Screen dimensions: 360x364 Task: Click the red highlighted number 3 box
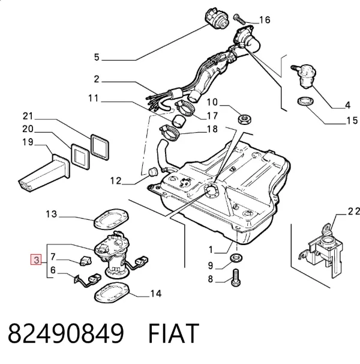click(x=36, y=259)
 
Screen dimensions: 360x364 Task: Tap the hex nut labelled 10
click(x=244, y=120)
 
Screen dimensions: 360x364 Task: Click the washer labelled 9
click(x=236, y=258)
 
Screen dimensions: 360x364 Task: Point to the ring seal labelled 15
click(x=305, y=102)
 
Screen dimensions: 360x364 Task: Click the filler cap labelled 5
click(x=217, y=19)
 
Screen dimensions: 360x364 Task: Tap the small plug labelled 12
click(x=153, y=172)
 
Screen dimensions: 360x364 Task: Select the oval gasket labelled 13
click(x=111, y=219)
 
